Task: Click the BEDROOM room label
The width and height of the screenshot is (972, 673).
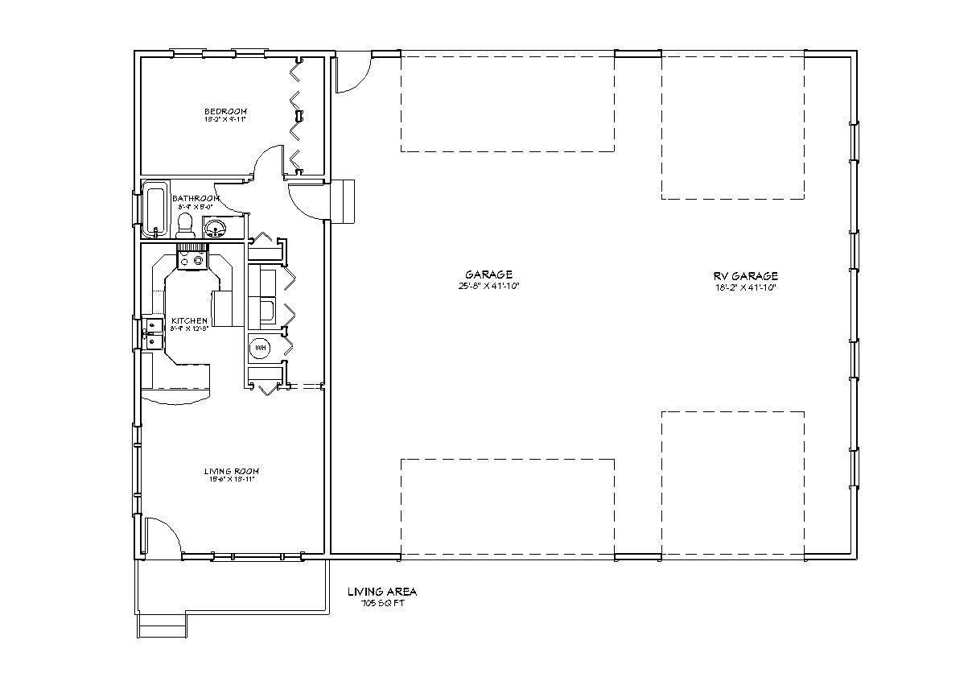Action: coord(225,111)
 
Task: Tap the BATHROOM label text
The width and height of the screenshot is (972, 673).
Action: coord(199,198)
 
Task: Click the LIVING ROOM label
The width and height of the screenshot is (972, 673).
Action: coord(231,471)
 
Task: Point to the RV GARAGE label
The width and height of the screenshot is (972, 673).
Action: coord(745,276)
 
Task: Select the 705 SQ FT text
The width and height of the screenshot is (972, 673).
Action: coord(382,603)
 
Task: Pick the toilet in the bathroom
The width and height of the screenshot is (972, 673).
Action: coord(184,224)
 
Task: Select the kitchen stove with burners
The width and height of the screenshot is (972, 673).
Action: coord(192,259)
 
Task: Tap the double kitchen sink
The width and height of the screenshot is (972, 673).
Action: coord(153,333)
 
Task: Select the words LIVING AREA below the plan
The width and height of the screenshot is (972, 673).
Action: coord(382,592)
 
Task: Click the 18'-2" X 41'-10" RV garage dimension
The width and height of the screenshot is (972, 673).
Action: coord(745,287)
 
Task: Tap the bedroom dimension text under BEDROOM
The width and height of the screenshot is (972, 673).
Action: coord(225,120)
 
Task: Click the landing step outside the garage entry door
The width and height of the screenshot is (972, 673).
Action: coord(344,199)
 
